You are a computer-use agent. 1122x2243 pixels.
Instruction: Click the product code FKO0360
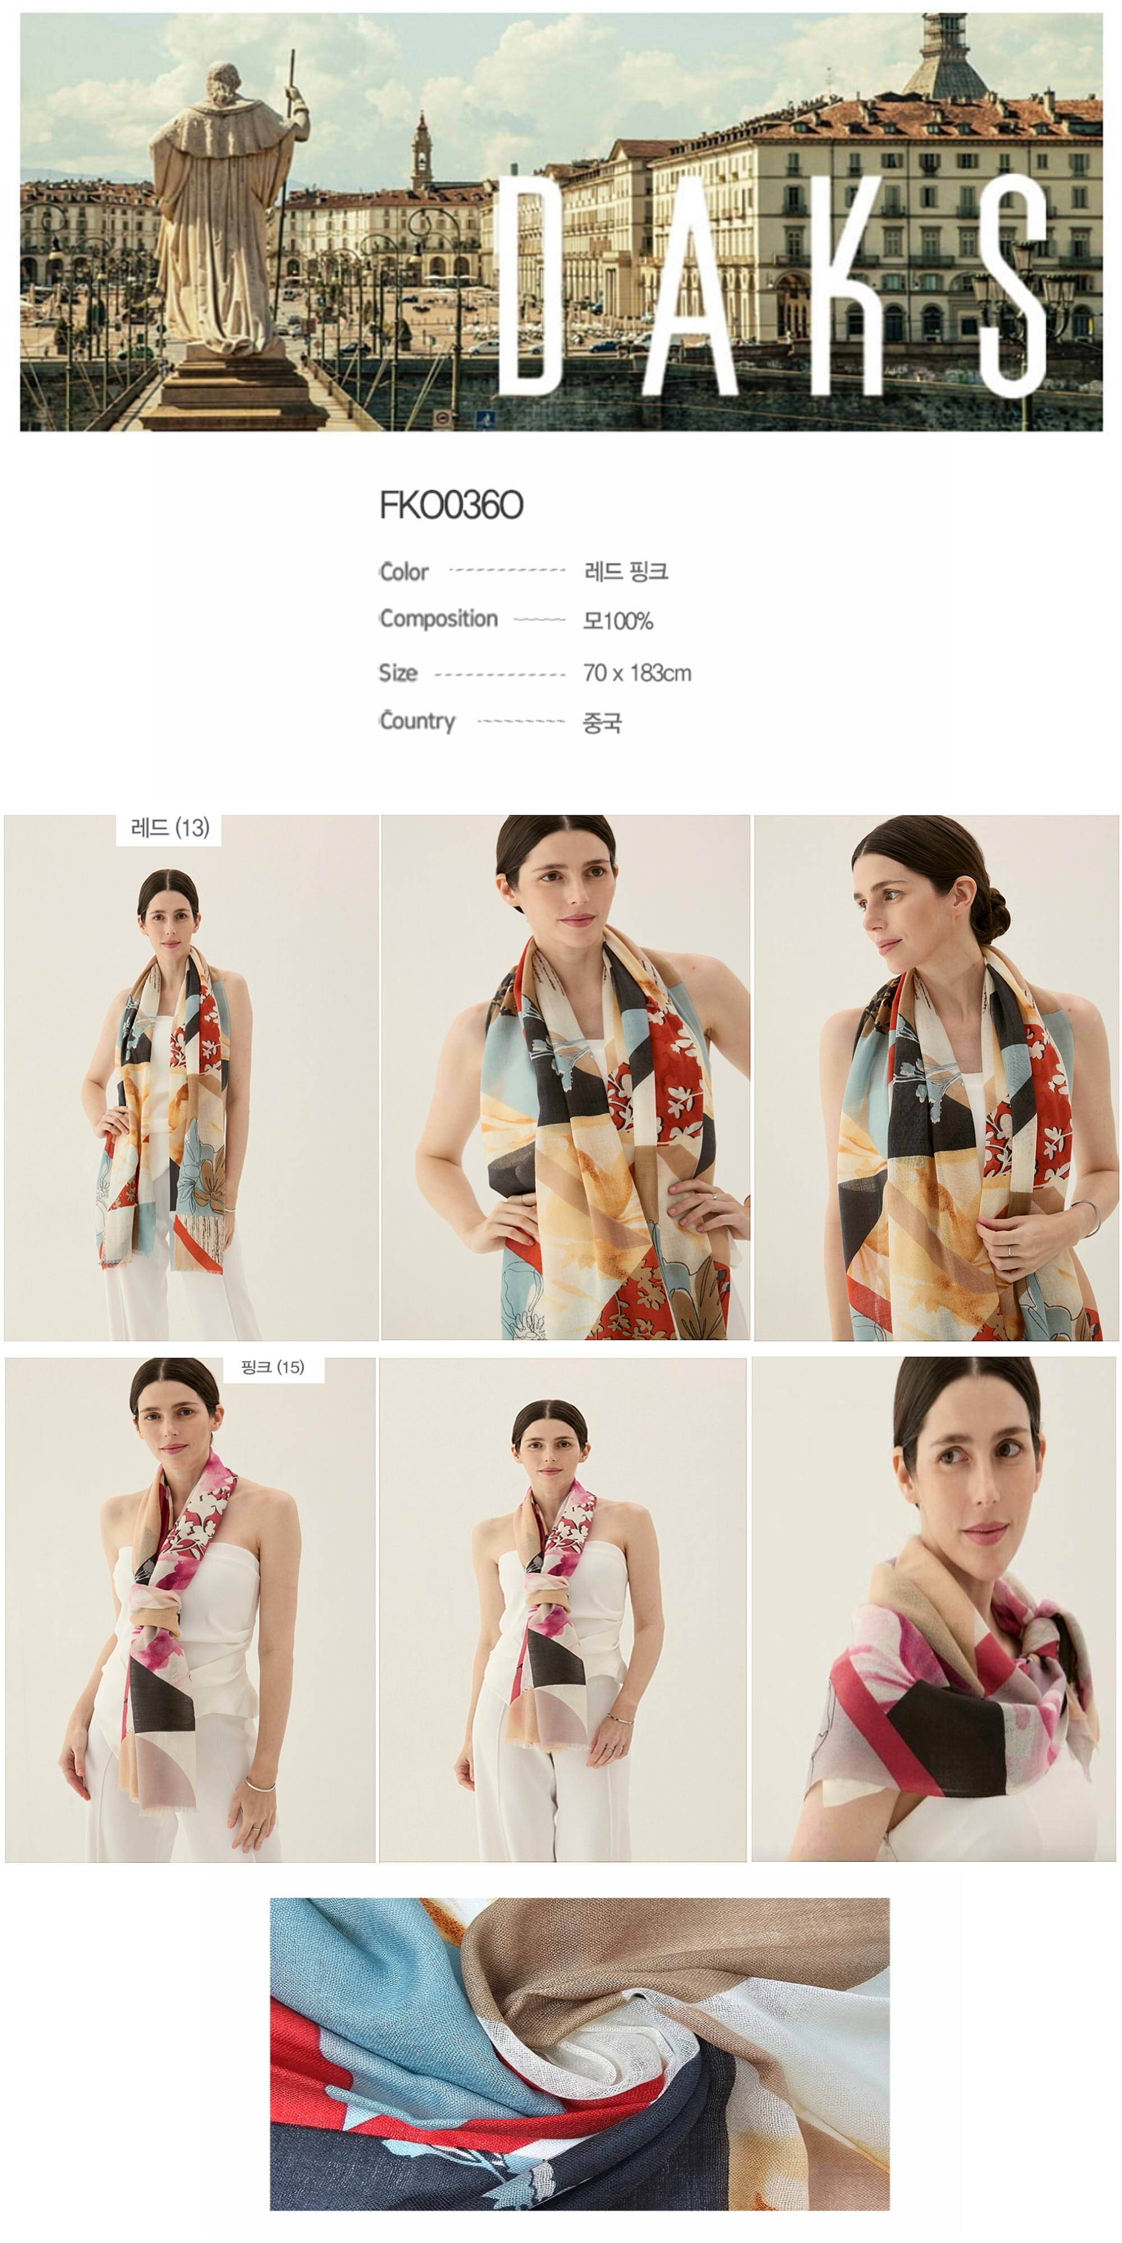tap(451, 505)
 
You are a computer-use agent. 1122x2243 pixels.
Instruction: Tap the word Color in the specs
tap(404, 572)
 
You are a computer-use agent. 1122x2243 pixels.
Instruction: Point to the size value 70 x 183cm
tap(637, 673)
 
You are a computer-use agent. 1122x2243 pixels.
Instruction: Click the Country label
tap(417, 721)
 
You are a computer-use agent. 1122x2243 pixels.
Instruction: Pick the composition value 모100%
tap(618, 621)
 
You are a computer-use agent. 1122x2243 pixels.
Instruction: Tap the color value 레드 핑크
tap(626, 571)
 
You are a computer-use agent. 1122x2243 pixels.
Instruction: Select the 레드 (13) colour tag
tap(169, 828)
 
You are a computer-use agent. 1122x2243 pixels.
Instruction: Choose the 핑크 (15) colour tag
tap(273, 1367)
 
